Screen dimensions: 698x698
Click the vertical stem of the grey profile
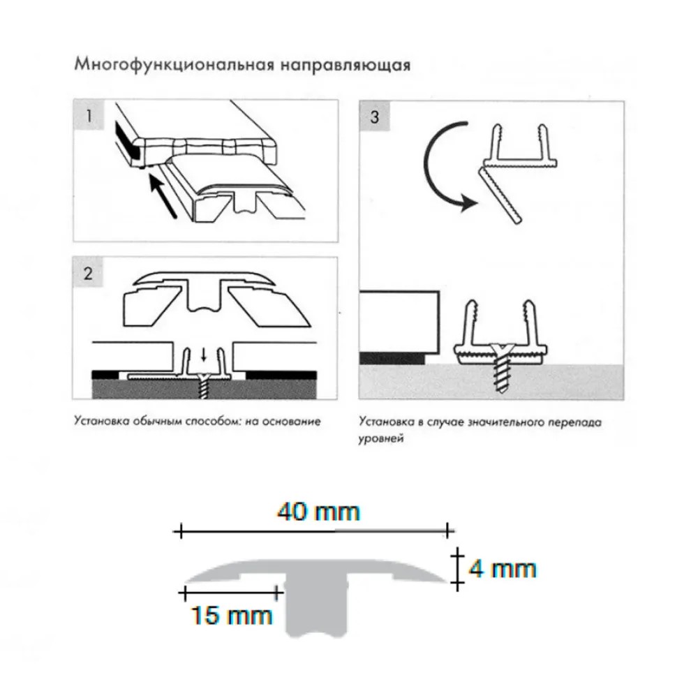pos(317,607)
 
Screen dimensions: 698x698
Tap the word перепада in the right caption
pos(579,422)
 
